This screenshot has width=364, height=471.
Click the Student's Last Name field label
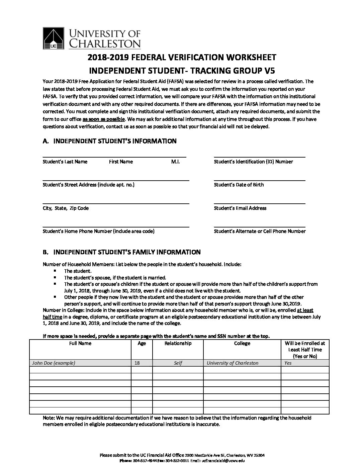[65, 162]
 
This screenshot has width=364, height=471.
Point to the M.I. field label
[175, 162]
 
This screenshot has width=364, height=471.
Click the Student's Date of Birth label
[239, 185]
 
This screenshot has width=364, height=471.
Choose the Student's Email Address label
[240, 208]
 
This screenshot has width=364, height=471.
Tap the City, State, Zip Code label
[66, 208]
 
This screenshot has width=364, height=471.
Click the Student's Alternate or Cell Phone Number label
[260, 231]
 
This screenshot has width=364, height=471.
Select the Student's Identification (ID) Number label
[253, 162]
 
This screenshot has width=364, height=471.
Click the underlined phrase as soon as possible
[104, 119]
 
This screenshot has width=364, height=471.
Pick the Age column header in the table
[142, 344]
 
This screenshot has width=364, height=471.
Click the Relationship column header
[178, 344]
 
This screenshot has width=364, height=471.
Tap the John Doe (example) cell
[54, 363]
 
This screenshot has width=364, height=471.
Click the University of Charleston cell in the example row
[233, 363]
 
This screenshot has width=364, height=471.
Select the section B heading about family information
[127, 252]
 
